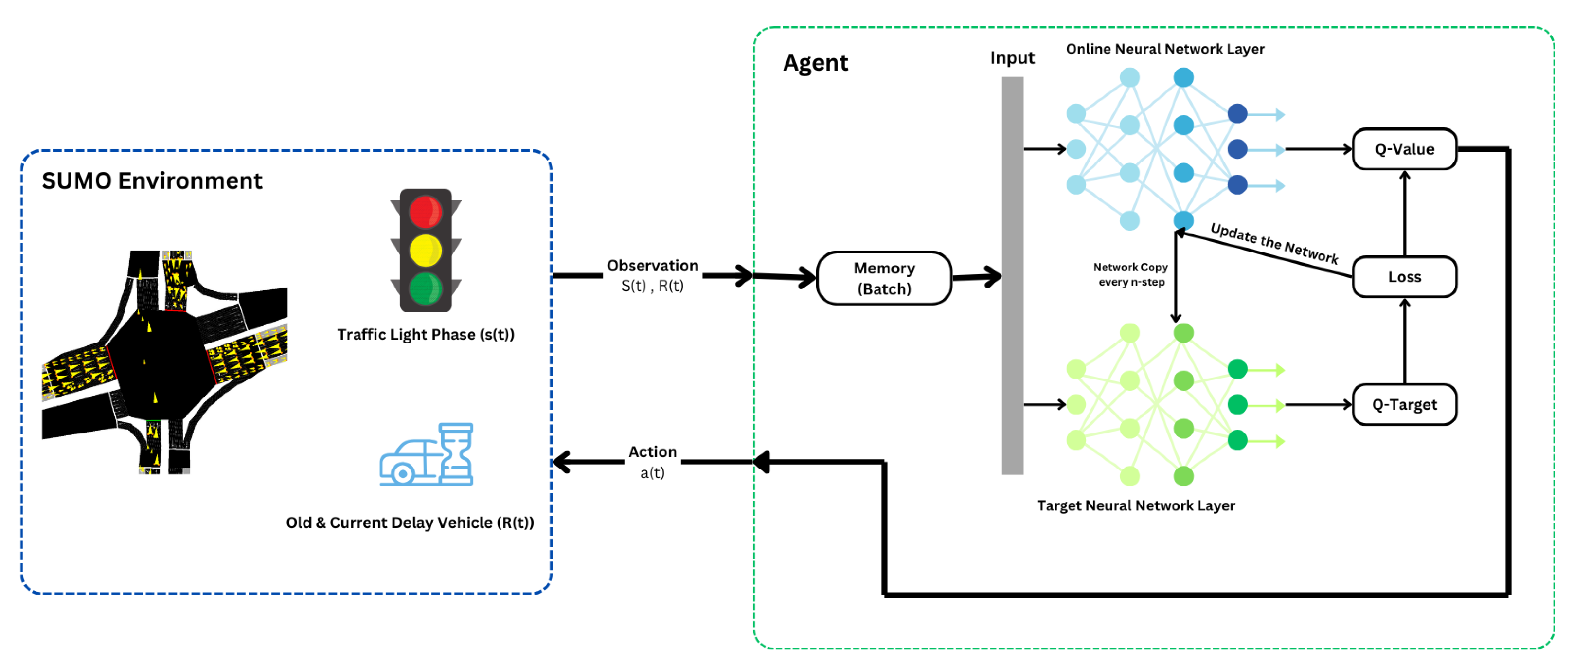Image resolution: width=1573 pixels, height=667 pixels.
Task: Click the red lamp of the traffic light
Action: tap(425, 211)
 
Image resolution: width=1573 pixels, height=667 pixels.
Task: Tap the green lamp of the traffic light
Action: tap(425, 288)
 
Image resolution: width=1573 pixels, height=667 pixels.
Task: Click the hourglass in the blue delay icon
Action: tap(456, 454)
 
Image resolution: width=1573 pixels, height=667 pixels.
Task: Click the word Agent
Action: tap(815, 63)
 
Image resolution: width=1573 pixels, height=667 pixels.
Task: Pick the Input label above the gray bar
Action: tap(1012, 58)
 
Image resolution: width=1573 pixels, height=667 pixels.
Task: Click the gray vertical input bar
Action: tap(1012, 275)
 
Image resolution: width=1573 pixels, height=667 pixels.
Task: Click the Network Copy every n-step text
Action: tap(1130, 274)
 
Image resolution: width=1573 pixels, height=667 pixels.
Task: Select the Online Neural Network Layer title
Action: tap(1164, 49)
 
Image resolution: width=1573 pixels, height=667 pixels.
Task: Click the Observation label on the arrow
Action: tap(652, 266)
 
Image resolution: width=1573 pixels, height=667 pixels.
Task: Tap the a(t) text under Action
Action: tap(652, 473)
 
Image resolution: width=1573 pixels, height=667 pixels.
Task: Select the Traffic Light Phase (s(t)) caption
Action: tap(426, 335)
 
